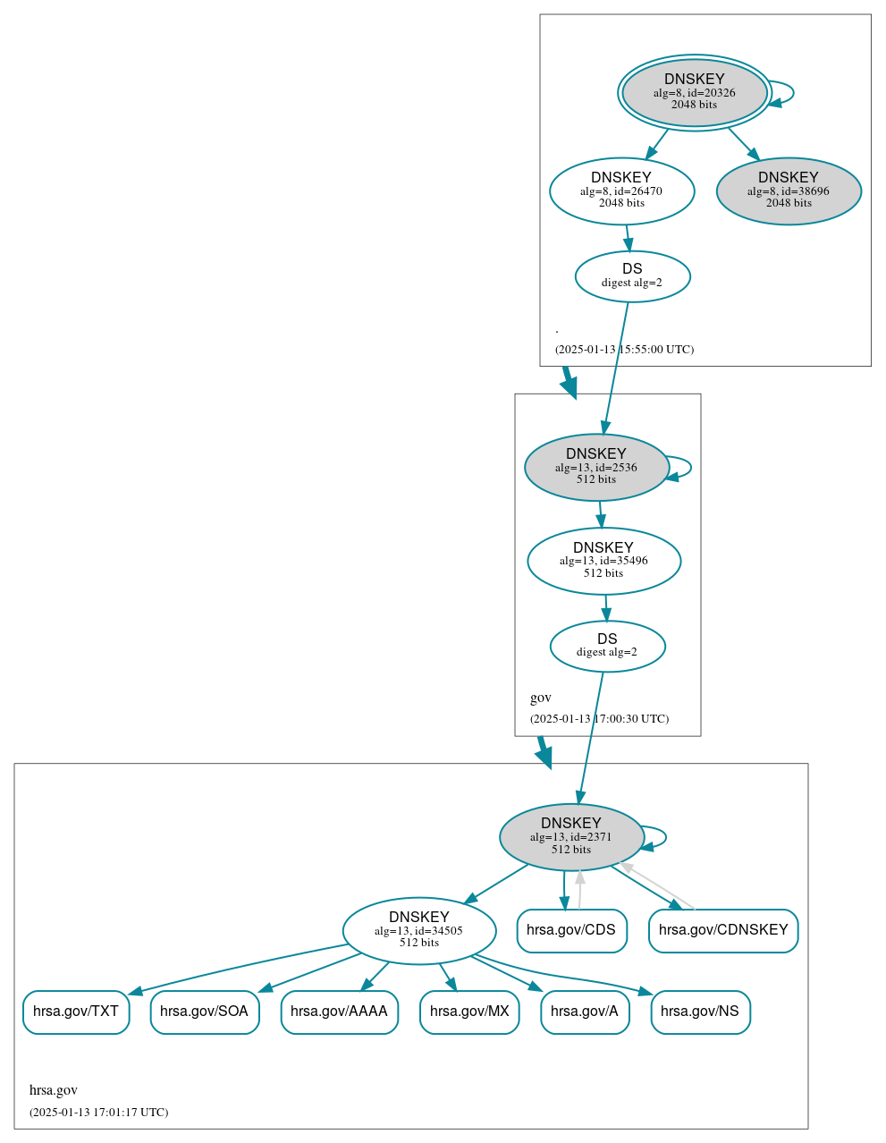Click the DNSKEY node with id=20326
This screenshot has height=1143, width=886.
pyautogui.click(x=694, y=92)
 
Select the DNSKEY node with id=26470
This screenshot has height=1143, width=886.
pyautogui.click(x=621, y=190)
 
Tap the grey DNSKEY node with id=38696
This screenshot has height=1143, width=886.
pyautogui.click(x=789, y=190)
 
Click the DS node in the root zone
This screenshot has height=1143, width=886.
pyautogui.click(x=632, y=276)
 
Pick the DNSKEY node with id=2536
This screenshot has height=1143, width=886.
pyautogui.click(x=596, y=467)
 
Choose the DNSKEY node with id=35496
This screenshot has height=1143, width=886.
pyautogui.click(x=603, y=561)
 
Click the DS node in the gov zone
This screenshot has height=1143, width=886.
pyautogui.click(x=607, y=646)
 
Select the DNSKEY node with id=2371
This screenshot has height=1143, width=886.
pyautogui.click(x=571, y=837)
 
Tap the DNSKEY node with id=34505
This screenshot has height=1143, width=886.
pyautogui.click(x=418, y=930)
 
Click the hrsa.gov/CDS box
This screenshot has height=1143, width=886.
pyautogui.click(x=571, y=930)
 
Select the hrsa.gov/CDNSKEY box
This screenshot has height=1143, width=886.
pyautogui.click(x=723, y=930)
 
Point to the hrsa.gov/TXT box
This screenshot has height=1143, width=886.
pyautogui.click(x=76, y=1012)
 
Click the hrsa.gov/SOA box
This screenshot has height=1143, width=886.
pyautogui.click(x=205, y=1012)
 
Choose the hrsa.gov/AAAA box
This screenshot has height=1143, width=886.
pyautogui.click(x=339, y=1012)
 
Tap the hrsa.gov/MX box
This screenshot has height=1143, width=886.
pyautogui.click(x=469, y=1012)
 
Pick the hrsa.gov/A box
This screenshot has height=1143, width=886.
pyautogui.click(x=585, y=1012)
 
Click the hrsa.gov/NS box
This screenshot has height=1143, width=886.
pyautogui.click(x=700, y=1012)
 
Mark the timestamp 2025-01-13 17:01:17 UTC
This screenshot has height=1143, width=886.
pyautogui.click(x=98, y=1113)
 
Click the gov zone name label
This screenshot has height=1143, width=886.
pyautogui.click(x=541, y=698)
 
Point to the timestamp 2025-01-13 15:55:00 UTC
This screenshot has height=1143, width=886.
pyautogui.click(x=624, y=350)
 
